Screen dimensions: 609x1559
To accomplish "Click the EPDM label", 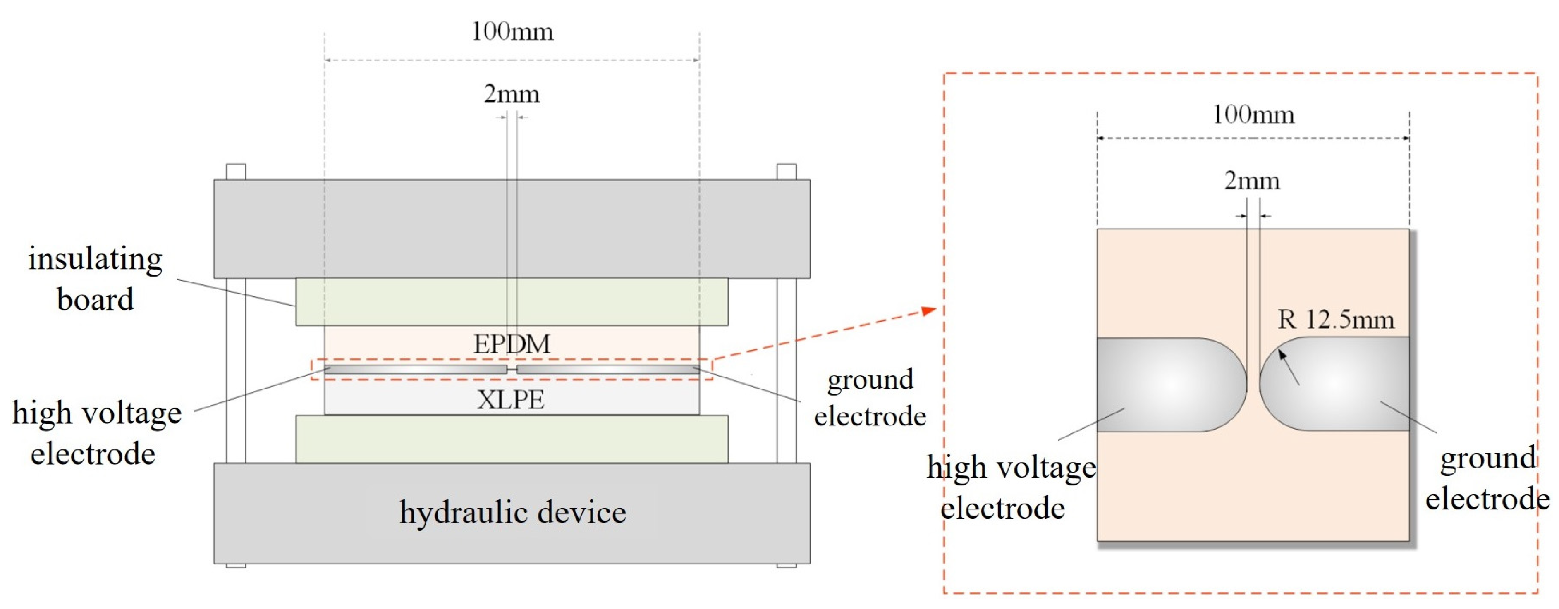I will [x=512, y=344].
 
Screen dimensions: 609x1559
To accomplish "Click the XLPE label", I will [x=510, y=399].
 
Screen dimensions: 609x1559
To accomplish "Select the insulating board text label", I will [x=96, y=279].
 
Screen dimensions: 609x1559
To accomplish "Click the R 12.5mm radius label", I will [x=1336, y=319].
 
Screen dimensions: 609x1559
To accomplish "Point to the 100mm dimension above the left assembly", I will [x=512, y=31].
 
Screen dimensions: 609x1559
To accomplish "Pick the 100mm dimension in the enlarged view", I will [x=1253, y=115].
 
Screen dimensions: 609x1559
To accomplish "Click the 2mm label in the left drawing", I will [x=512, y=94].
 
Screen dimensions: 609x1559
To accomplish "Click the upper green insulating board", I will [x=512, y=301].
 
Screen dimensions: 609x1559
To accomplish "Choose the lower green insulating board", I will [x=512, y=439].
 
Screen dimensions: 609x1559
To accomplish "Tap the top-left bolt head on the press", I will [x=235, y=171].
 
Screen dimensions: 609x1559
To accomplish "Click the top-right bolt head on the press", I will [x=786, y=171].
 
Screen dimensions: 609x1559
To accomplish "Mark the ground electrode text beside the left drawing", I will [x=870, y=398].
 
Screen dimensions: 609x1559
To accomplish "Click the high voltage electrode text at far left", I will [x=96, y=433].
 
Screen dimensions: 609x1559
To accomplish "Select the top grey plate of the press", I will [x=512, y=228].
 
